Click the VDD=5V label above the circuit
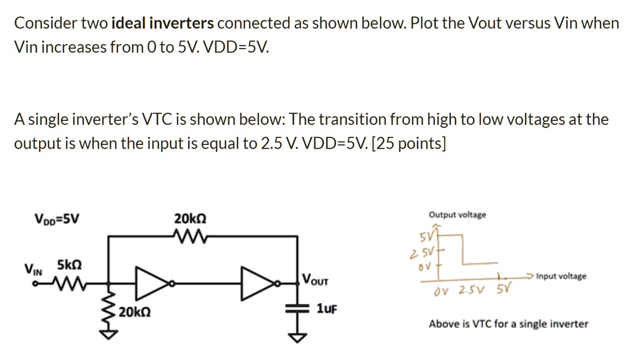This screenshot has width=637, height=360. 56,219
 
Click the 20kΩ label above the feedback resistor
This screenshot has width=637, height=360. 190,219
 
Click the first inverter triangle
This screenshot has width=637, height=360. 151,283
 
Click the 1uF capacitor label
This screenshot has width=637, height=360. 326,309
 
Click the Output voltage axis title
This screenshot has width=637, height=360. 457,215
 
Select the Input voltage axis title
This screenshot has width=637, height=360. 560,276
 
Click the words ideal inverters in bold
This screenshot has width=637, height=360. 162,24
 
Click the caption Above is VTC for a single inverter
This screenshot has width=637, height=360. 508,323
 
